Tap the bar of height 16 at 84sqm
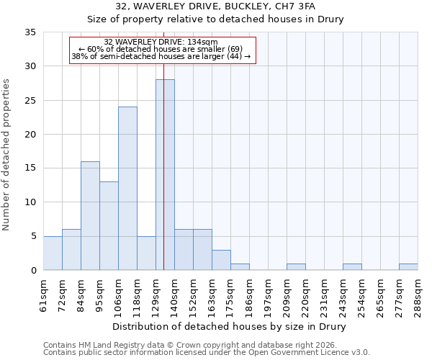(90, 216)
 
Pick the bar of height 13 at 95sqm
(109, 226)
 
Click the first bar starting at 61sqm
(53, 253)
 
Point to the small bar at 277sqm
(408, 267)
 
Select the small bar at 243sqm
(352, 267)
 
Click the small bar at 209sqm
(296, 267)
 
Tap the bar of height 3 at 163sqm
(221, 260)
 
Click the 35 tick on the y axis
(30, 32)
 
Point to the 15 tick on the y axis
(30, 168)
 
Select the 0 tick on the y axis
(33, 271)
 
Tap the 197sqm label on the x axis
(268, 294)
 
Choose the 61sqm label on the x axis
(43, 294)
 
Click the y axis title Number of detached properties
(6, 156)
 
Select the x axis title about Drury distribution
(230, 327)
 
